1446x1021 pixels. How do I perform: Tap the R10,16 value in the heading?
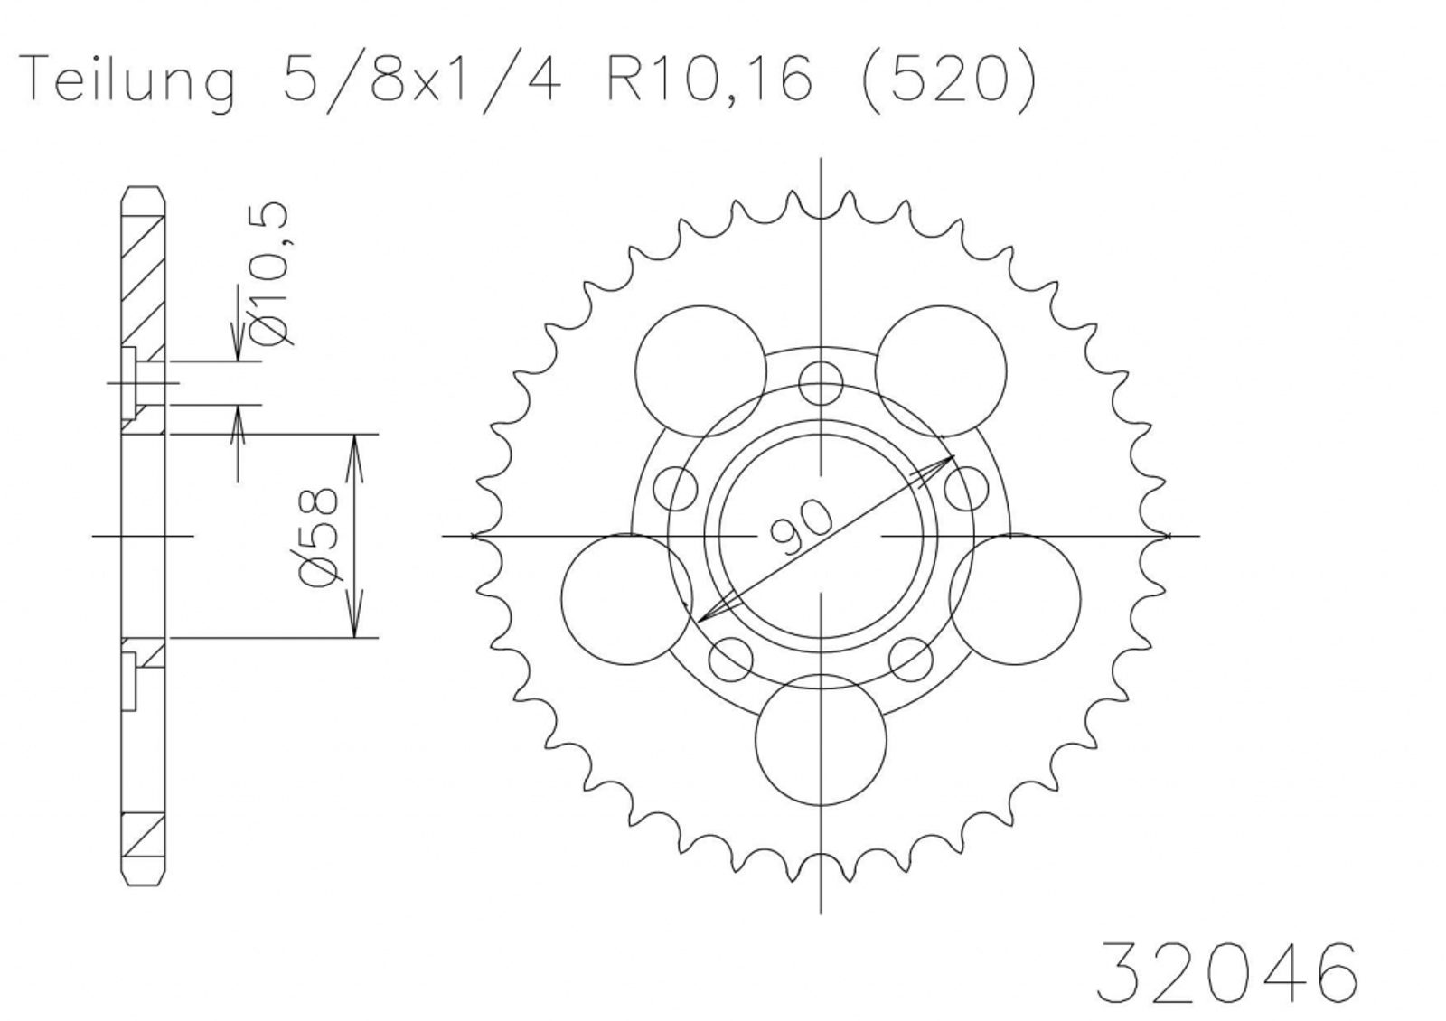click(x=709, y=80)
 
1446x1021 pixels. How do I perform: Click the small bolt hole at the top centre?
click(x=821, y=383)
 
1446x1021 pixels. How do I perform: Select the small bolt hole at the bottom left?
click(x=731, y=659)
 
